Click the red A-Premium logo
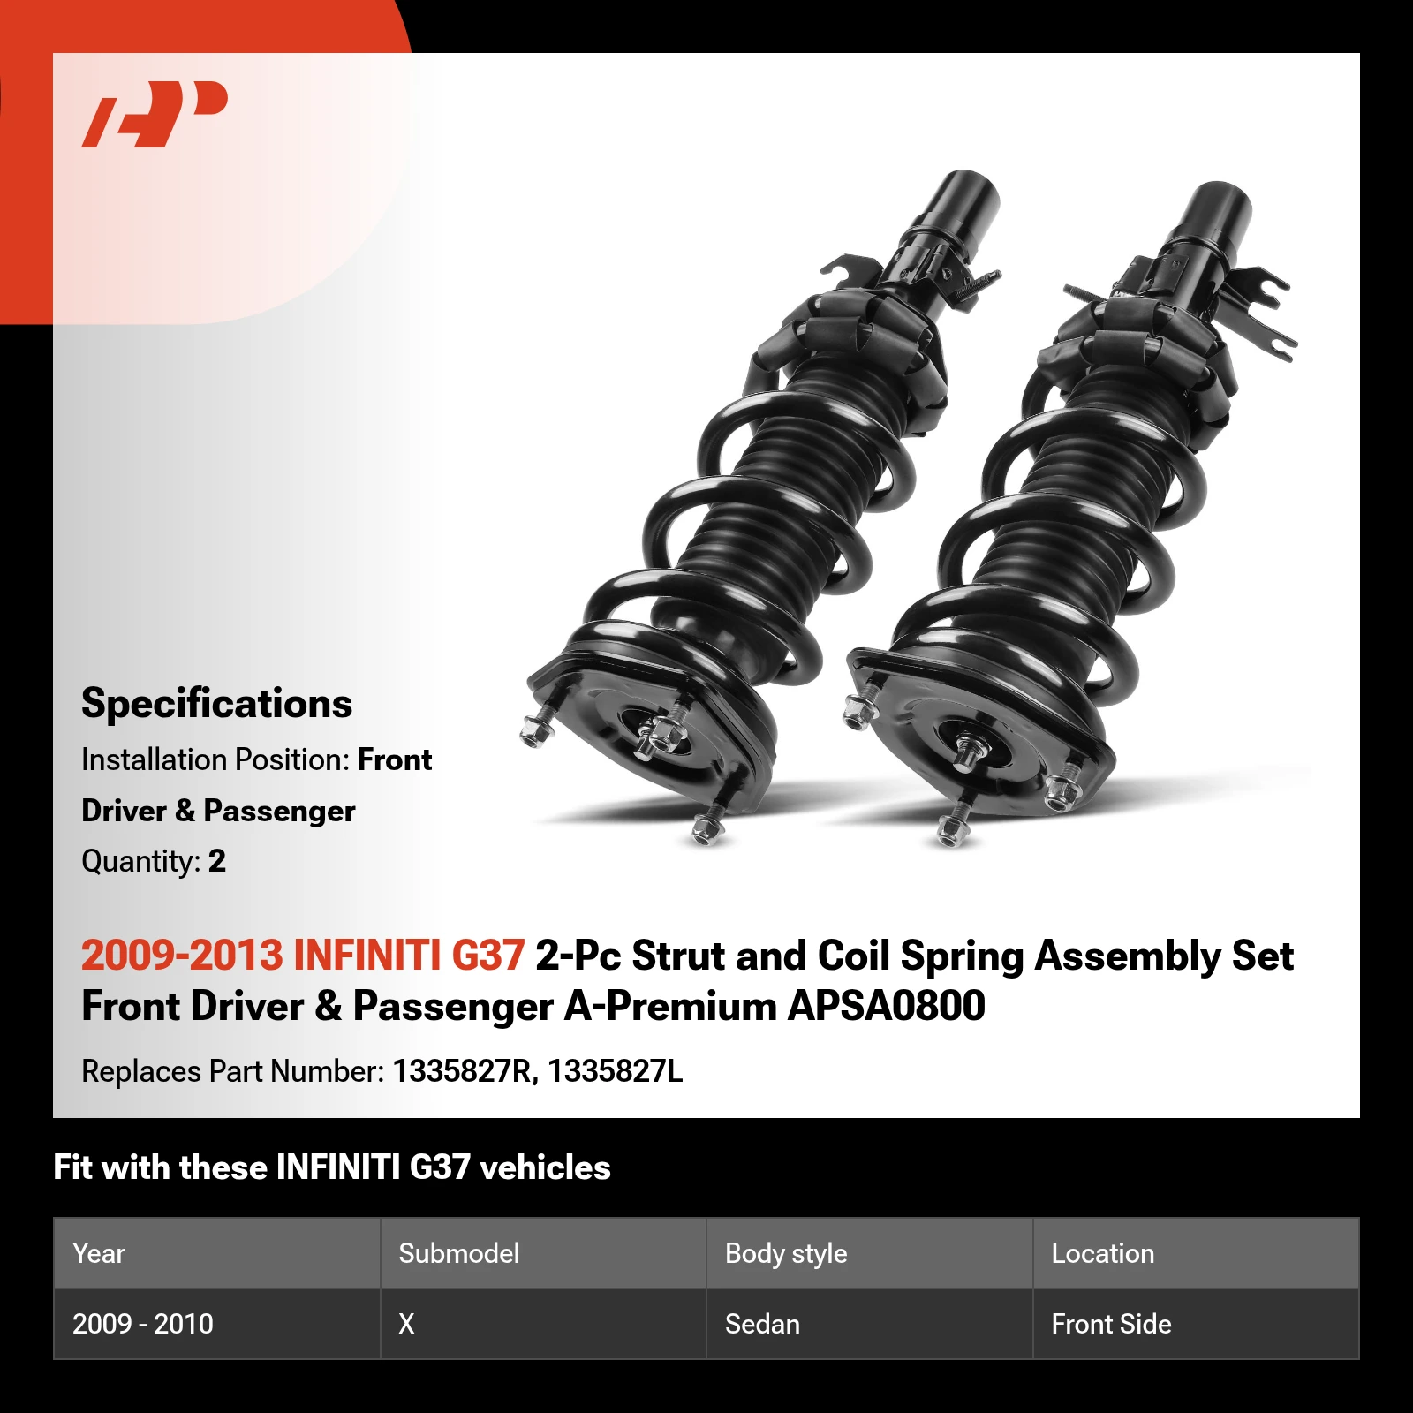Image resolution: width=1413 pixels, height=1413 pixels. pos(155,114)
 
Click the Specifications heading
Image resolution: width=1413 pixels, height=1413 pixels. pos(216,704)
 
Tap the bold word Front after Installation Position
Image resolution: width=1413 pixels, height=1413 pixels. pos(395,760)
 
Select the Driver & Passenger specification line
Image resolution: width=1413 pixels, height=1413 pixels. pos(218,811)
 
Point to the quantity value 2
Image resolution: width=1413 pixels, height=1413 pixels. pos(217,861)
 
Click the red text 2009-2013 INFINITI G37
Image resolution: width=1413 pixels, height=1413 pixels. pos(303,956)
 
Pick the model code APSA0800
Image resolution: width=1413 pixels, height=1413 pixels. pos(886,1006)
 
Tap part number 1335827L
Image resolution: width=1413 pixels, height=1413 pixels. pos(615,1071)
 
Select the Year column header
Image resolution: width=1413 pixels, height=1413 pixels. pos(99,1253)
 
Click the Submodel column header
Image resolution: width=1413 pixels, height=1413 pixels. pos(459,1253)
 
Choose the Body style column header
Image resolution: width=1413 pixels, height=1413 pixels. pos(786,1253)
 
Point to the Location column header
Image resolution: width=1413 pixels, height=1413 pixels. pos(1103,1253)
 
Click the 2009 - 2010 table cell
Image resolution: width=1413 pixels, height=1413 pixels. pos(143,1324)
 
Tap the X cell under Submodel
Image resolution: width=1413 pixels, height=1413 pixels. pos(406,1324)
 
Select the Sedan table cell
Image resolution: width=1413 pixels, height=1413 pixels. pos(762,1324)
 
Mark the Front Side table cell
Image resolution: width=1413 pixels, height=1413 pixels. pos(1111,1324)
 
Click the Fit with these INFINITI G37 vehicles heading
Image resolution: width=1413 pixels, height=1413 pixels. pos(332,1167)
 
